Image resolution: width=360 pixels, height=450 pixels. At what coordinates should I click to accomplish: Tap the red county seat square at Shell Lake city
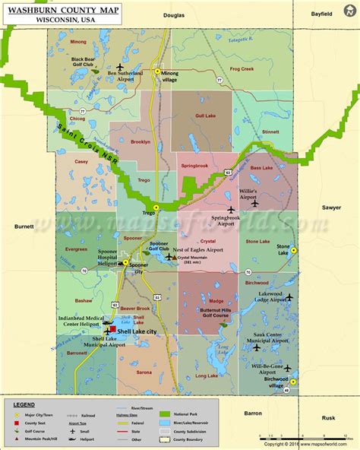[113, 329]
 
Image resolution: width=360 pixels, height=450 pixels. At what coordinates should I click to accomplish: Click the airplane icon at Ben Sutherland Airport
[119, 66]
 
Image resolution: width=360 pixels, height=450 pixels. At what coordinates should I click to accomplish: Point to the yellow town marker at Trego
[156, 207]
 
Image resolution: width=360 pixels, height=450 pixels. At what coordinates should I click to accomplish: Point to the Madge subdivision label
[216, 300]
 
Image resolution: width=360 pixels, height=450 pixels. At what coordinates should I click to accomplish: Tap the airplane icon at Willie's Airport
[254, 202]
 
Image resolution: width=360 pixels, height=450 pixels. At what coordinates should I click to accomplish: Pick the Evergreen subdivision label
[76, 249]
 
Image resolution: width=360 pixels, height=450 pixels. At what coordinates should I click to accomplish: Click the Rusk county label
[327, 418]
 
